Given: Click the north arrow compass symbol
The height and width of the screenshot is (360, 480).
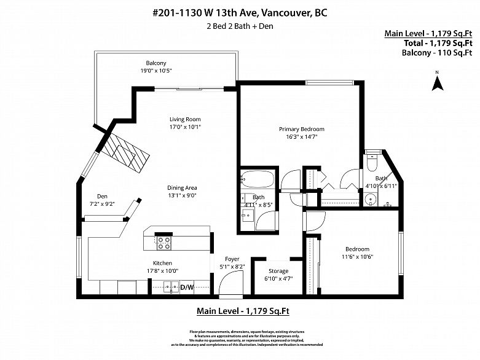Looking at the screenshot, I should click(x=438, y=82).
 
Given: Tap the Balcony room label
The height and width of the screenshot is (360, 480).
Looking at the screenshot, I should click(x=156, y=63).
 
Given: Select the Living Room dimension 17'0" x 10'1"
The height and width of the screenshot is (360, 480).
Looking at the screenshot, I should click(x=185, y=127).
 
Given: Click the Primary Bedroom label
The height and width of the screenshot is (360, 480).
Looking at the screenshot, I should click(x=301, y=129).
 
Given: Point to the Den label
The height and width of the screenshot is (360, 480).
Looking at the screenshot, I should click(x=102, y=197).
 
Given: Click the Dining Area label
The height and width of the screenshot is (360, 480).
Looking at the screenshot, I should click(x=185, y=188).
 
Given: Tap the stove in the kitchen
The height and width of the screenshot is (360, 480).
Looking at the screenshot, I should click(x=164, y=243).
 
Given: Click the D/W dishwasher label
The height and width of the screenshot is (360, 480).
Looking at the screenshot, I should click(x=186, y=287).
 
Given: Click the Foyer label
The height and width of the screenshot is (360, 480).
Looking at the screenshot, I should click(x=232, y=259).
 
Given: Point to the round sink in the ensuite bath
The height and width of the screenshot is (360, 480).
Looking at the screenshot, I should click(x=370, y=199).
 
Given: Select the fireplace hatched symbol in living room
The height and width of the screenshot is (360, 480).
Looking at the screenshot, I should click(x=127, y=154).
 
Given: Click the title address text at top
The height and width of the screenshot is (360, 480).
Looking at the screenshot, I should click(x=240, y=12).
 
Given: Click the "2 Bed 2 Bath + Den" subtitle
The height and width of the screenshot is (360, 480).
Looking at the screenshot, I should click(x=240, y=26).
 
